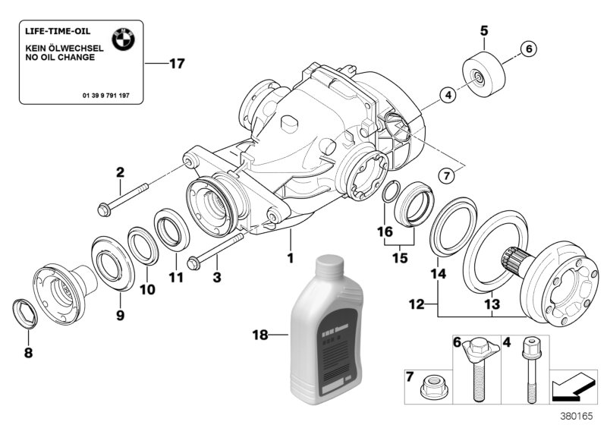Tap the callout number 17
tap(176, 64)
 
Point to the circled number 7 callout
tap(447, 175)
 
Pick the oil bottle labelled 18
tap(319, 326)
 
